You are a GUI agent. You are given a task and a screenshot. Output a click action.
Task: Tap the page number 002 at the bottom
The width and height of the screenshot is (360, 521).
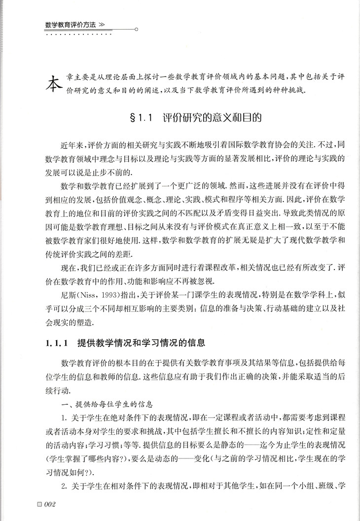pos(52,504)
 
